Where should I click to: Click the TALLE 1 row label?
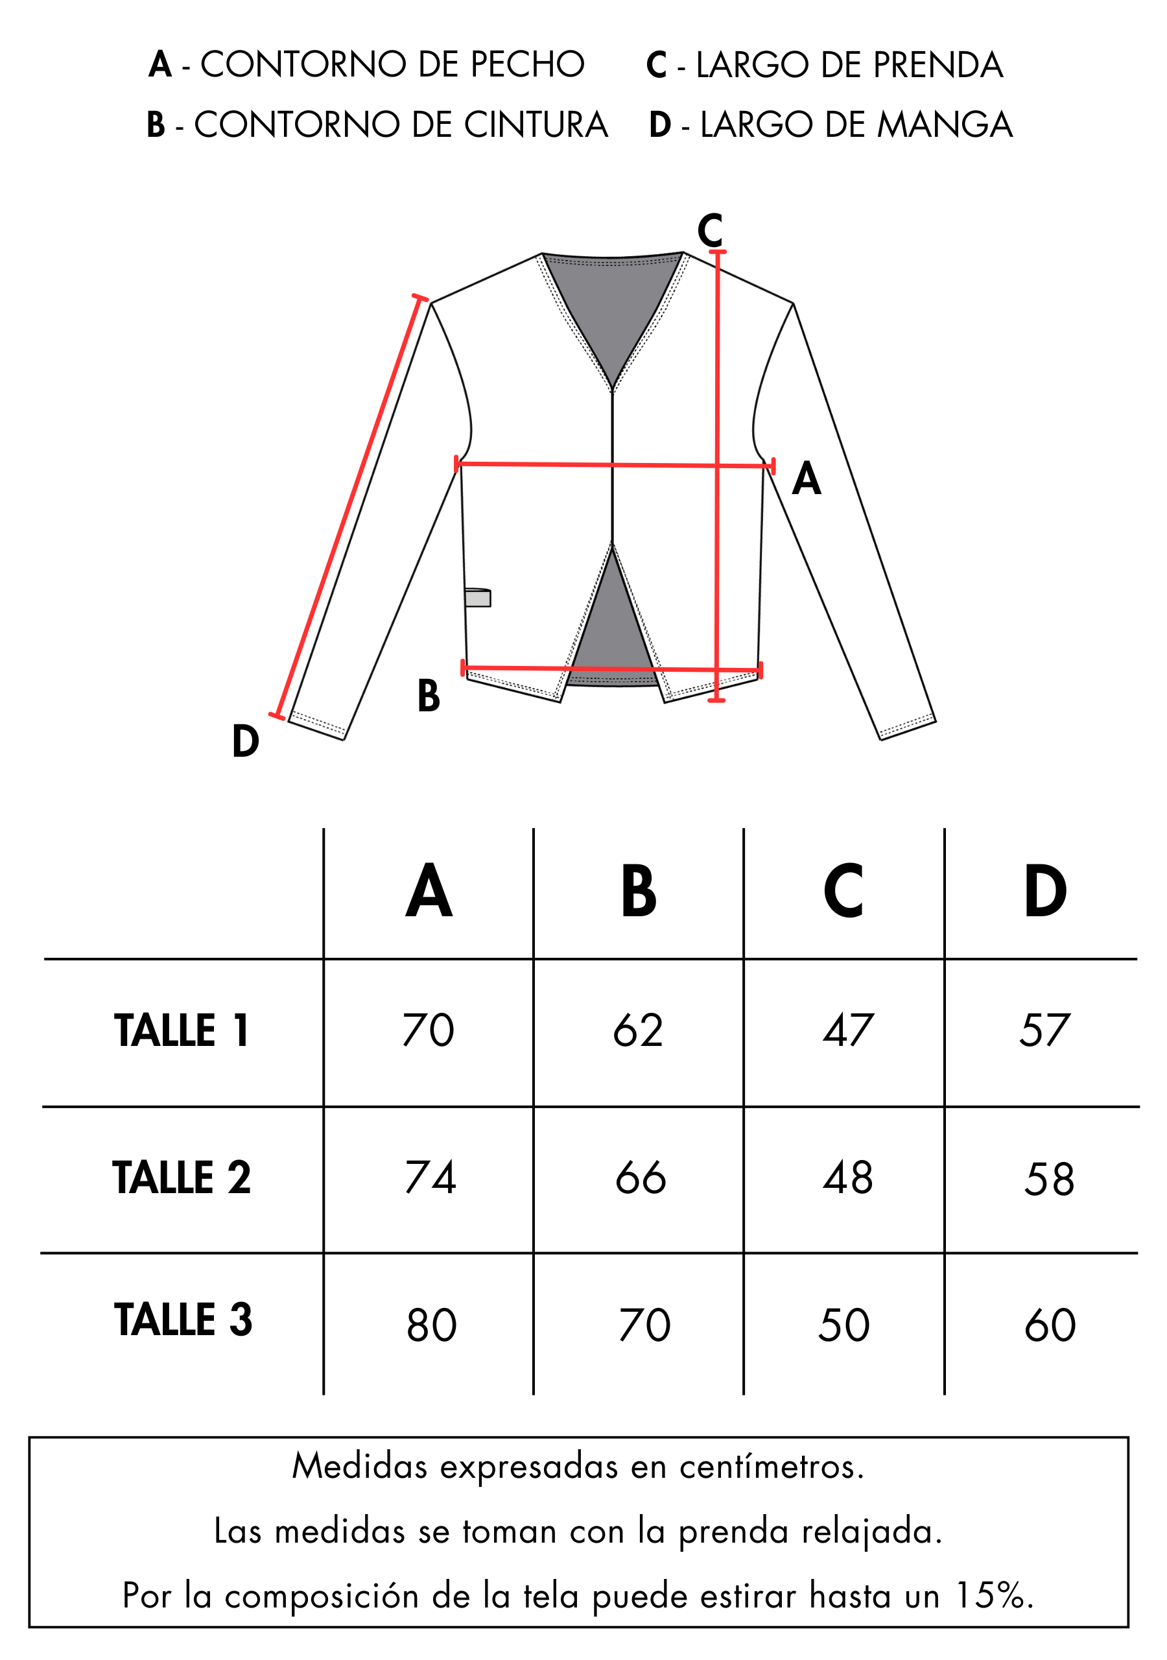182,1030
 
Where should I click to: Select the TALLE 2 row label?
182,1177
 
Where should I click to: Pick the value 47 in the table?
848,1030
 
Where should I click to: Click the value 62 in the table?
638,1030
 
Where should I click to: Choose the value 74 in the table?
430,1177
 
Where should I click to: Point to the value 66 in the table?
641,1177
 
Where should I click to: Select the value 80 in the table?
432,1325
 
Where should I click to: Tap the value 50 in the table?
843,1325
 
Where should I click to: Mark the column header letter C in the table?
843,891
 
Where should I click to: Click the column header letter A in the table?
429,891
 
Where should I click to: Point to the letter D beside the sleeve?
246,741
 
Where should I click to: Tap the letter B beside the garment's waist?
429,696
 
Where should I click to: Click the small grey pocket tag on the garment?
477,597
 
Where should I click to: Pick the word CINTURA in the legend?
536,124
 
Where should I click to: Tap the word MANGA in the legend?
945,124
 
